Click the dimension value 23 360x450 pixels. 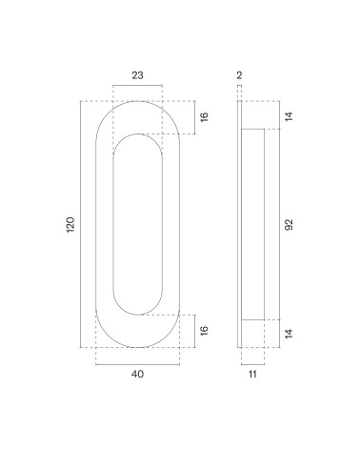point(137,75)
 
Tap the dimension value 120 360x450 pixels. point(70,224)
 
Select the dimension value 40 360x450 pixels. point(137,374)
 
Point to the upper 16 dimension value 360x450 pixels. point(204,116)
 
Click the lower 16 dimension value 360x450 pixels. point(204,330)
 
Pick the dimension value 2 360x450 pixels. point(239,75)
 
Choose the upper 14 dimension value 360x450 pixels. point(289,116)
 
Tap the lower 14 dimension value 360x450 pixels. point(289,334)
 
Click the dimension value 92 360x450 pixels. point(289,224)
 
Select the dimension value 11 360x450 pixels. point(252,374)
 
